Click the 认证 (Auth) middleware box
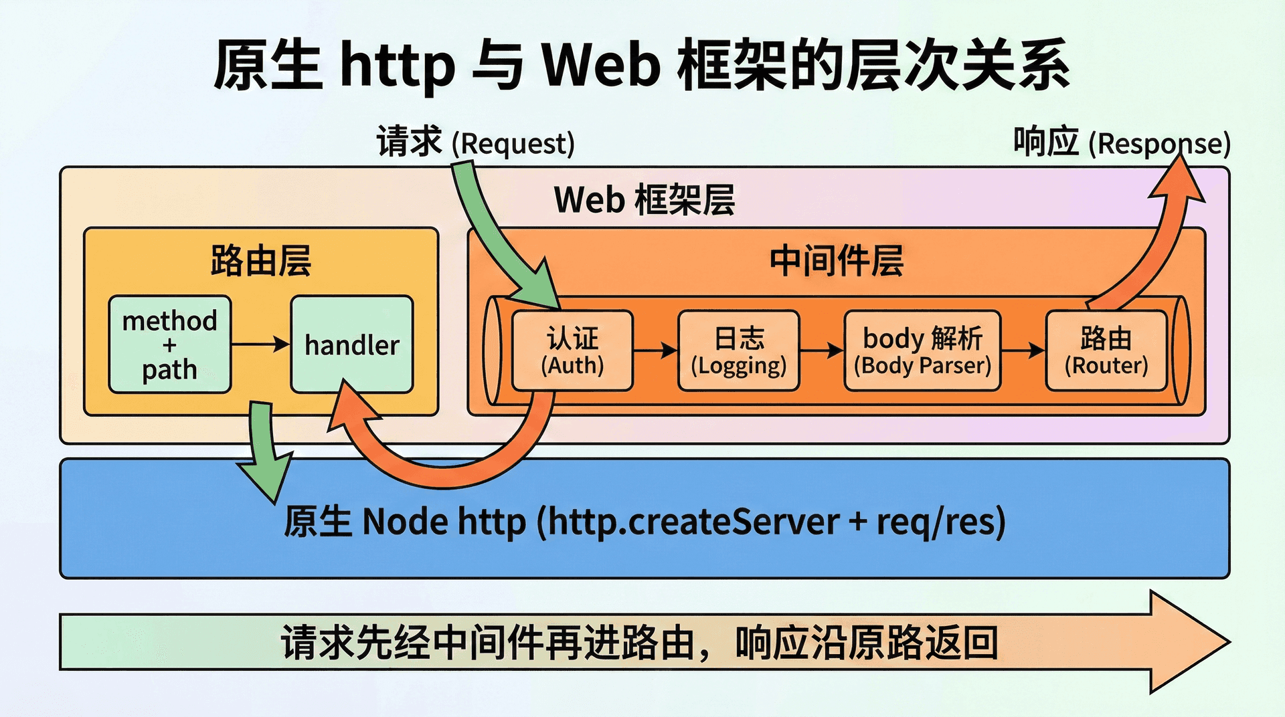pyautogui.click(x=572, y=350)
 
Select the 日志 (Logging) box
pyautogui.click(x=738, y=350)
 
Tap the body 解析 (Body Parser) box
pyautogui.click(x=922, y=350)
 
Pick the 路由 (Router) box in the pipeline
pyautogui.click(x=1106, y=350)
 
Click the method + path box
pyautogui.click(x=170, y=344)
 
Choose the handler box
pyautogui.click(x=352, y=344)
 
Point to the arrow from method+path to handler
pyautogui.click(x=261, y=344)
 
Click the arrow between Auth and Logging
pyautogui.click(x=655, y=350)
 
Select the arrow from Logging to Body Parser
pyautogui.click(x=821, y=350)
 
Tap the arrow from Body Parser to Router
pyautogui.click(x=1023, y=350)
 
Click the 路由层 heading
pyautogui.click(x=261, y=260)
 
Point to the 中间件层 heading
pyautogui.click(x=837, y=260)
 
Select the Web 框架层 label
pyautogui.click(x=644, y=200)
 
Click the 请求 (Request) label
pyautogui.click(x=475, y=142)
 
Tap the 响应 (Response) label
pyautogui.click(x=1122, y=142)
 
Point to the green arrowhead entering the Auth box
pyautogui.click(x=542, y=284)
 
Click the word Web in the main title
pyautogui.click(x=600, y=65)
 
